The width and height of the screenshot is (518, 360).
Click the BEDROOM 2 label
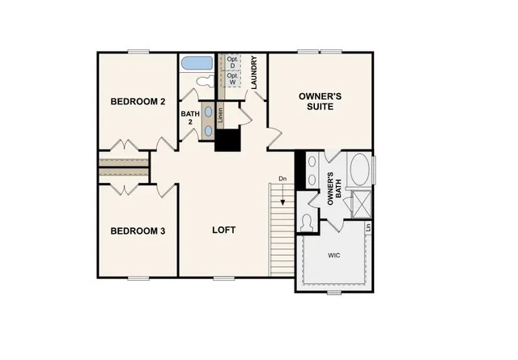(138, 102)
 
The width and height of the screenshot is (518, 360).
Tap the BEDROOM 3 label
(138, 231)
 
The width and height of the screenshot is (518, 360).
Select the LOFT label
(223, 230)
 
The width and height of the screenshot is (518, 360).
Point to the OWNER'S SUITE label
(321, 101)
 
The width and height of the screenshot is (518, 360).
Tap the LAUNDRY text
(254, 72)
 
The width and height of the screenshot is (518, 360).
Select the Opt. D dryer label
(232, 62)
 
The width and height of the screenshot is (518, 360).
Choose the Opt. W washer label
(232, 78)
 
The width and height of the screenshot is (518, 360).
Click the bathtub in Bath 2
(197, 63)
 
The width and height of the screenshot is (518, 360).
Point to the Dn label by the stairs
(282, 178)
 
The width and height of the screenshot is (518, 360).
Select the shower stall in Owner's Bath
(359, 201)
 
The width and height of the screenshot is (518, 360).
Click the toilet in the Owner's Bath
(307, 221)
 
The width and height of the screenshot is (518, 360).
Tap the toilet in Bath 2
(203, 83)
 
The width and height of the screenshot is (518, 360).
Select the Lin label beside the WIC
(368, 228)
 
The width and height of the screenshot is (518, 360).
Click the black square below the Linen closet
(227, 140)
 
